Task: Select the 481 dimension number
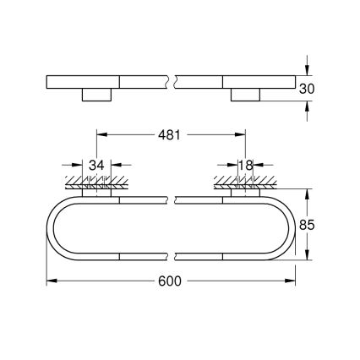[x=172, y=134]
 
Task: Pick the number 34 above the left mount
[x=95, y=165]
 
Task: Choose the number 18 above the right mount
[x=245, y=165]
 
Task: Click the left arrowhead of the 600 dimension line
[x=50, y=279]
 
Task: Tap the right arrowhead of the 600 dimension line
[x=292, y=279]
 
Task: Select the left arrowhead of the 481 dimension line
[x=101, y=134]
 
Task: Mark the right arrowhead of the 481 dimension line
[x=242, y=134]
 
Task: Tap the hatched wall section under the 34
[x=95, y=181]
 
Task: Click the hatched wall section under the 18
[x=245, y=181]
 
